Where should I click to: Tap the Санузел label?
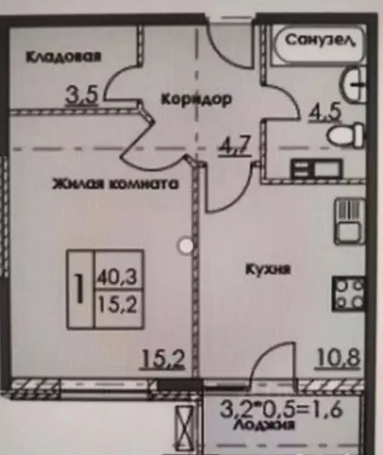[x=320, y=40]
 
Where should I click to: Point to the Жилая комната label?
[x=115, y=184]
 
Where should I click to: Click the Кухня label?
[x=268, y=270]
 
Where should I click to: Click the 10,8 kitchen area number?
[x=337, y=358]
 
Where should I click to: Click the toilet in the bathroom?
[x=346, y=135]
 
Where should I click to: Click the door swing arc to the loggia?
[x=271, y=361]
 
